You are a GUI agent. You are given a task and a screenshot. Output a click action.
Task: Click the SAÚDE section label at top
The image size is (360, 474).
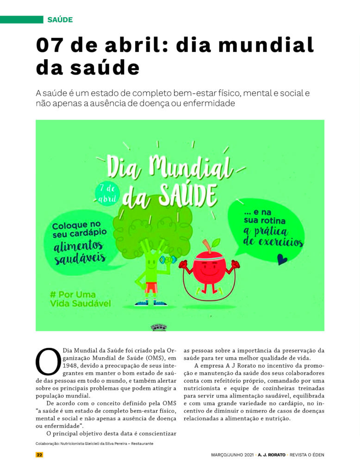(60, 19)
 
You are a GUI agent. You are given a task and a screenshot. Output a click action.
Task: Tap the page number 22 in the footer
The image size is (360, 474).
(39, 455)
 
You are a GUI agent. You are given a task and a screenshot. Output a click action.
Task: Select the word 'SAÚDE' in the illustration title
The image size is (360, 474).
(188, 192)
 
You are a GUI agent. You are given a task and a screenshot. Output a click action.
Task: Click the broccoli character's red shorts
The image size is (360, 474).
(151, 287)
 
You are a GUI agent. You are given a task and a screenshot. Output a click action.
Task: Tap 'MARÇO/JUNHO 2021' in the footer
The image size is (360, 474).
(230, 455)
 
